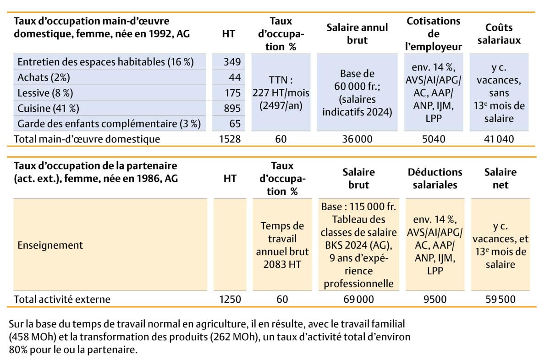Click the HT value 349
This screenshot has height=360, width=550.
click(232, 62)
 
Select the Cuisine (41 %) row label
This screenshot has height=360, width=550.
click(48, 109)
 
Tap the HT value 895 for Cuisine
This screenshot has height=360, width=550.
click(232, 109)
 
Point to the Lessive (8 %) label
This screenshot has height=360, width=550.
click(45, 93)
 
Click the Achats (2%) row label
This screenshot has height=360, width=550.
click(44, 77)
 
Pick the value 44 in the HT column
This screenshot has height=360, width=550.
click(234, 77)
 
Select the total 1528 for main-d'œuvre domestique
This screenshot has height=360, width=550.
click(230, 139)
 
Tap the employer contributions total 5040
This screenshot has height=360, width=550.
click(434, 139)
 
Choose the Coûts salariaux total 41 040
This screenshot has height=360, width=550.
click(499, 139)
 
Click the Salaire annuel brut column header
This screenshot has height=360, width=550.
click(357, 33)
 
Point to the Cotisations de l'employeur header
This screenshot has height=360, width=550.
click(434, 33)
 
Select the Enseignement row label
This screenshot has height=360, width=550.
click(50, 245)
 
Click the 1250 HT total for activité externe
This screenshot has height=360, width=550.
click(230, 300)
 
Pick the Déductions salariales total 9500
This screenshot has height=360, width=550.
click(434, 300)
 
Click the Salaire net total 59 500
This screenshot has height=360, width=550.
click(499, 300)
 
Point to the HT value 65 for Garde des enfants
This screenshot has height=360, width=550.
click(234, 124)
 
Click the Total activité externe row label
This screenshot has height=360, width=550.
click(62, 300)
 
